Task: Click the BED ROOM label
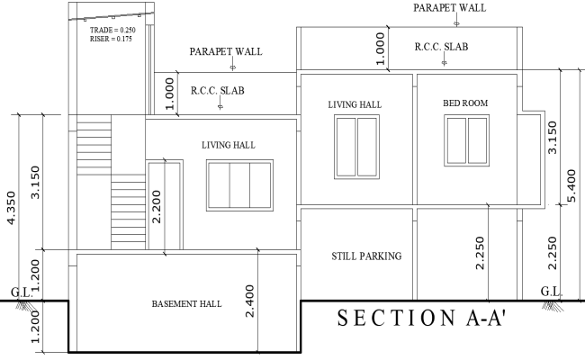tap(465, 103)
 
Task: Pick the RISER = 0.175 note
tap(111, 40)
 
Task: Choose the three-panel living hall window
tap(238, 185)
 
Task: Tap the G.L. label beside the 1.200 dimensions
tap(20, 292)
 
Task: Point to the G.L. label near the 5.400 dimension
tap(551, 291)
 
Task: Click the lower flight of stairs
tap(126, 210)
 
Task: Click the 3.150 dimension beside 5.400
tap(553, 138)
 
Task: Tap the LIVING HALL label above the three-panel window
tap(228, 144)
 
